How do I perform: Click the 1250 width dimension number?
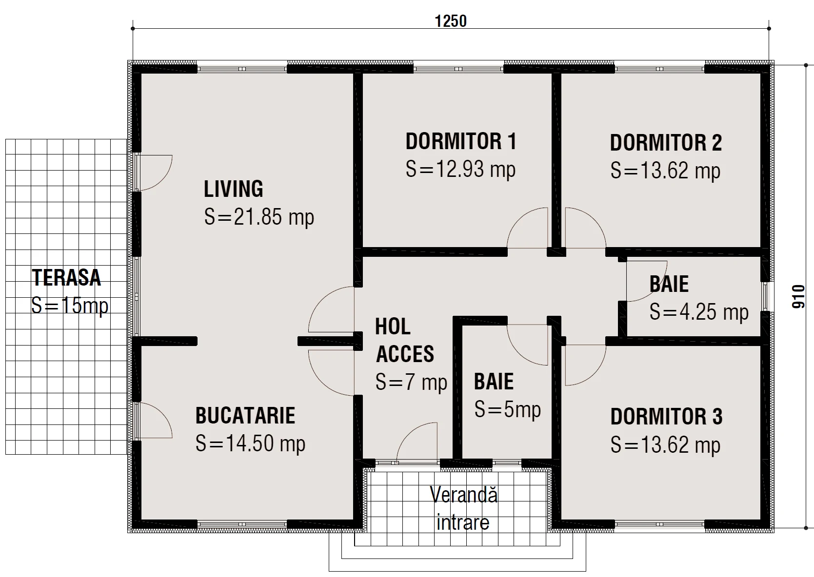[x=451, y=21]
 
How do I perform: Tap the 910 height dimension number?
[x=798, y=297]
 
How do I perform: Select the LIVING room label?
[x=233, y=189]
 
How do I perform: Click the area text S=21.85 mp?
[x=259, y=217]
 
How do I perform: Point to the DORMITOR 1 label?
[x=461, y=141]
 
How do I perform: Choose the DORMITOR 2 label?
[x=666, y=143]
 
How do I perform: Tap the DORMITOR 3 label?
[x=666, y=417]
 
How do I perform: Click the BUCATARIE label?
[x=245, y=415]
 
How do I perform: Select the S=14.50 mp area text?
[x=250, y=443]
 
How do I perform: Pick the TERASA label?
[x=66, y=277]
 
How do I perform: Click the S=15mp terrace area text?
[x=70, y=306]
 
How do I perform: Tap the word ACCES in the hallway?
[x=405, y=354]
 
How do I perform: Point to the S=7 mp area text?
[x=411, y=382]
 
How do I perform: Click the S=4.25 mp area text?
[x=699, y=311]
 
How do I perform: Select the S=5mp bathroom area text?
[x=508, y=409]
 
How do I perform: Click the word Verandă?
[x=464, y=494]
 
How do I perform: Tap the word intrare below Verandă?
[x=463, y=522]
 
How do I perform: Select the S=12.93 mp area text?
[x=460, y=169]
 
